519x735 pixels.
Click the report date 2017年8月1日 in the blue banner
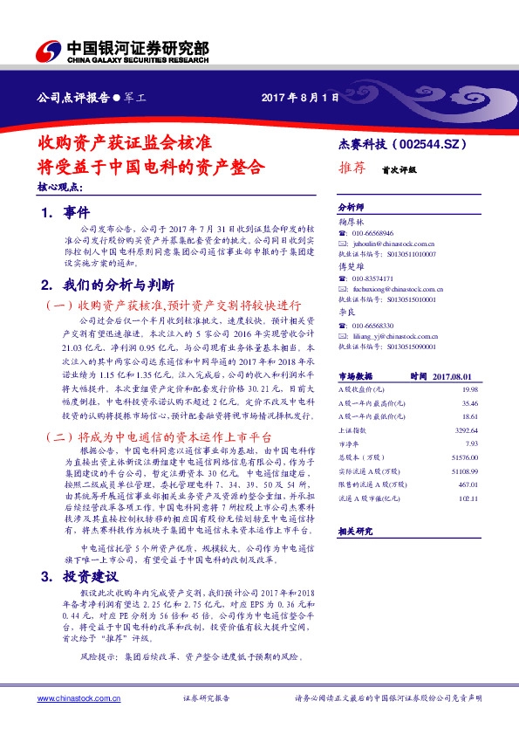click(x=299, y=97)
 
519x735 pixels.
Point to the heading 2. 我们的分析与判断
click(x=109, y=285)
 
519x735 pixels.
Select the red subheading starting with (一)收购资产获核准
click(x=173, y=306)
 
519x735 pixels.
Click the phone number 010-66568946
click(x=375, y=234)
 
